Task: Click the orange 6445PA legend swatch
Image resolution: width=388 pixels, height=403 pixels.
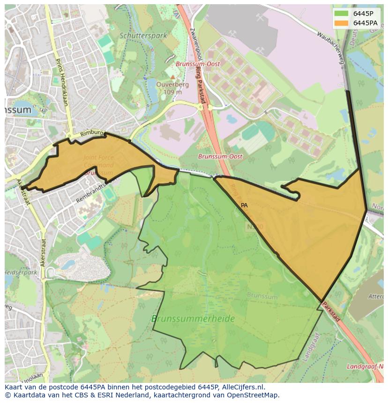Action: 342,23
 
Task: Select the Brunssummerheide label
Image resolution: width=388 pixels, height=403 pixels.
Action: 193,319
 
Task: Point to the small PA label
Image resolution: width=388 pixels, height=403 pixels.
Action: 244,205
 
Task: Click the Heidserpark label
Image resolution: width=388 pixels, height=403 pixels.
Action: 21,272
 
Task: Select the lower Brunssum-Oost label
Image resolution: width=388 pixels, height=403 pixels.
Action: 220,157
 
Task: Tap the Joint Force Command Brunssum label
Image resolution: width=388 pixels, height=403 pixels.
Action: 99,165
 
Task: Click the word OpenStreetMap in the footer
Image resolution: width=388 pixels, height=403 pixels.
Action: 255,395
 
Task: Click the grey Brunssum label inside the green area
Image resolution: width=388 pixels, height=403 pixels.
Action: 262,296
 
